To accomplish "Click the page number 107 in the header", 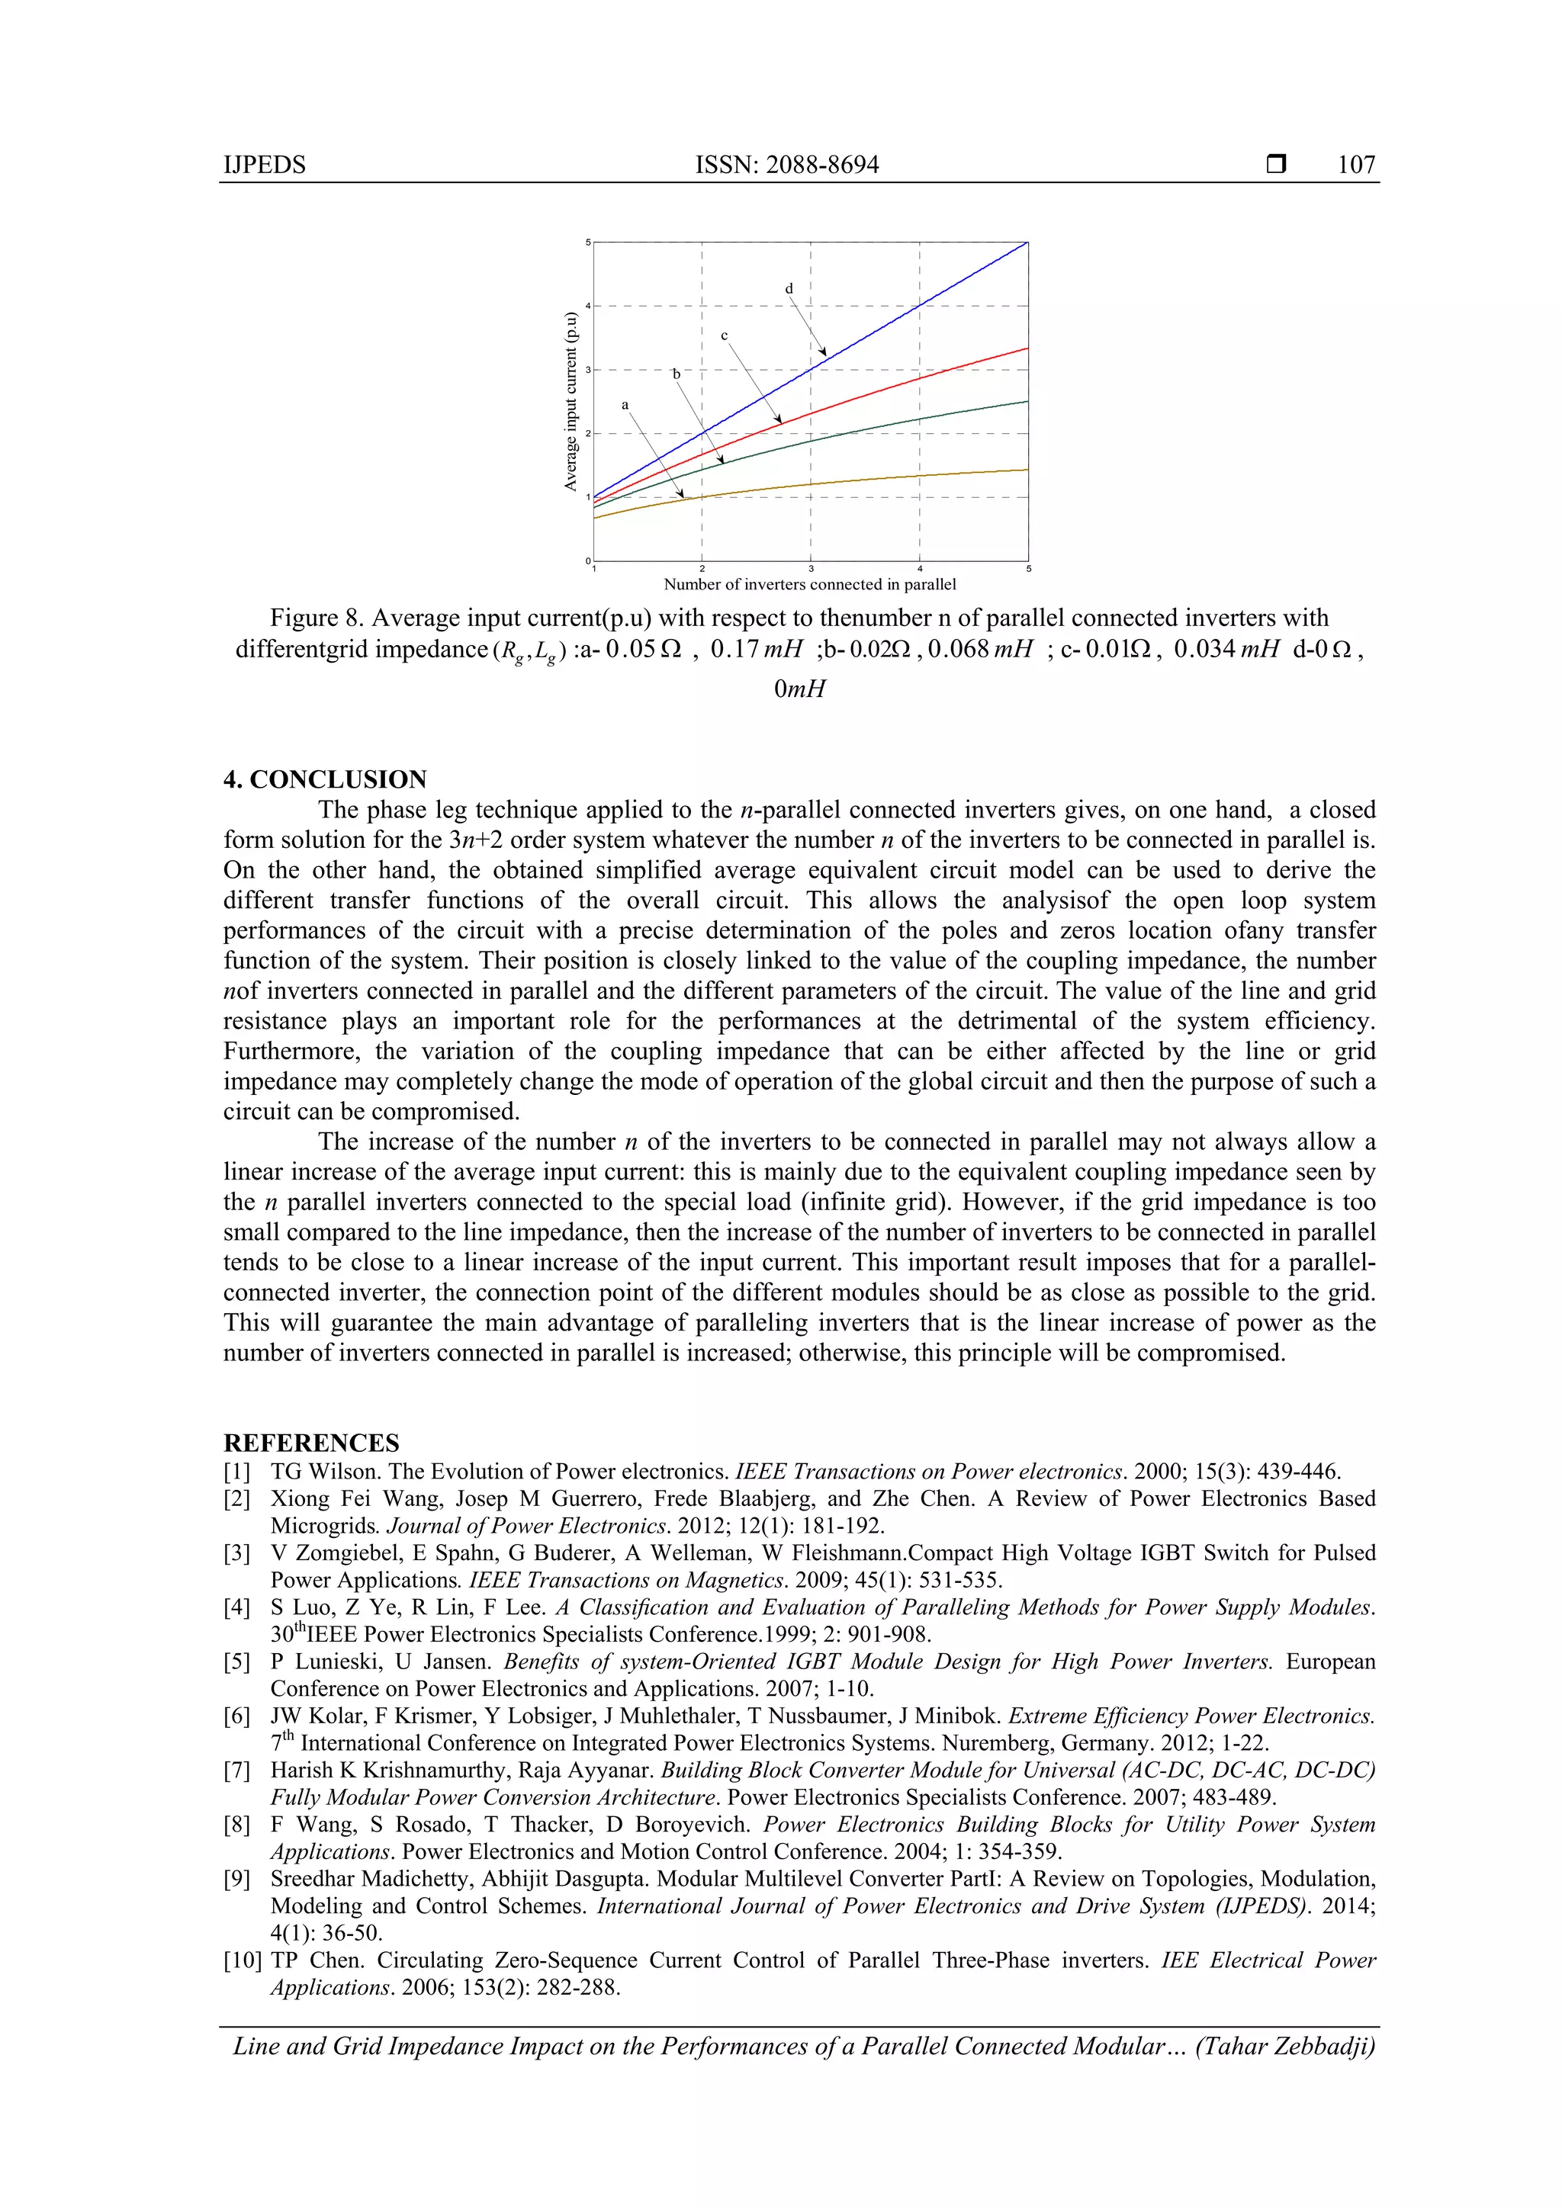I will [x=1355, y=165].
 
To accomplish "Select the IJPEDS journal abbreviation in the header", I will [x=264, y=165].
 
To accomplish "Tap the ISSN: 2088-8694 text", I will [x=786, y=165].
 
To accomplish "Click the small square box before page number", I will [x=1275, y=165].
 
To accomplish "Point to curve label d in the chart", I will [x=789, y=289].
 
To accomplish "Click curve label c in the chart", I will [x=725, y=336].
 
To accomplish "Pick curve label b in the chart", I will [x=677, y=374].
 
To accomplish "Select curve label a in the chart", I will [x=625, y=405].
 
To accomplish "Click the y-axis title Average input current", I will [x=570, y=401].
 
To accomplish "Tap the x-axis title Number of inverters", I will [x=809, y=584].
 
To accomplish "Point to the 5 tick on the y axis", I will [x=588, y=242].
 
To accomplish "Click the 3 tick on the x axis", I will [x=810, y=570].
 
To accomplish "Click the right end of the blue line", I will [x=1026, y=243].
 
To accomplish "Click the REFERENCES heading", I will [x=311, y=1442].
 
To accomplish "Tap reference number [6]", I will [x=236, y=1716].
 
